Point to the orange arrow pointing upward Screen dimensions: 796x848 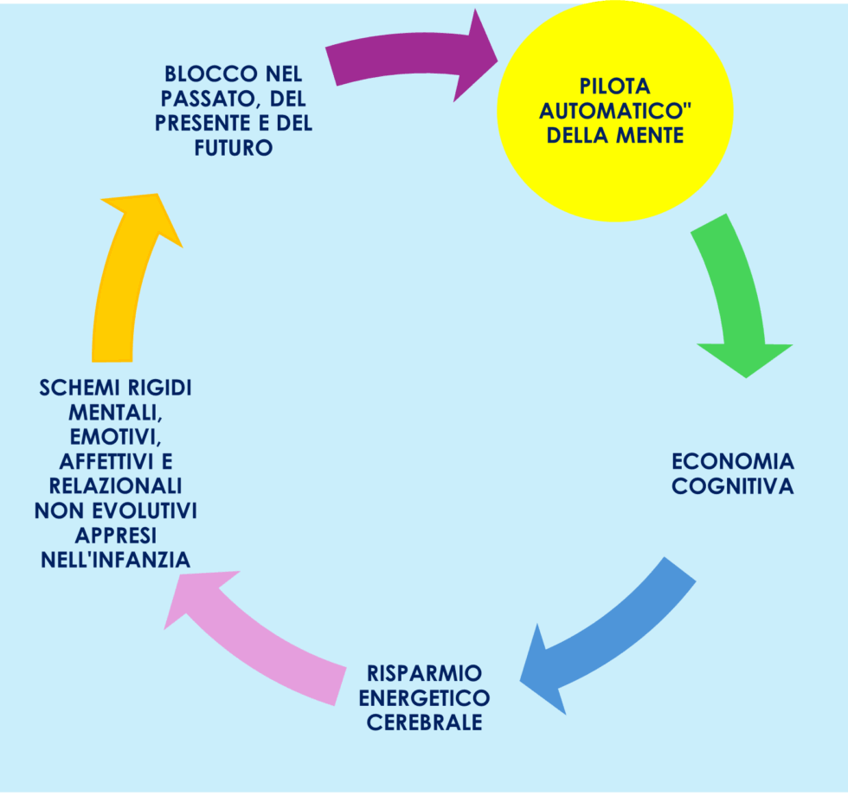[x=125, y=277]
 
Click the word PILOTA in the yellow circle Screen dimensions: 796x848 [x=614, y=87]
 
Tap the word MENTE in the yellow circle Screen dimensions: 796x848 [x=652, y=136]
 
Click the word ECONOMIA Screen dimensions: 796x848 [x=732, y=461]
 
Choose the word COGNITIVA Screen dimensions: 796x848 [x=732, y=486]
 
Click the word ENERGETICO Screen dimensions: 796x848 [x=424, y=697]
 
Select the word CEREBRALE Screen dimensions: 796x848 [x=424, y=722]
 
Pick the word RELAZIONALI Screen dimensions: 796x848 [x=116, y=486]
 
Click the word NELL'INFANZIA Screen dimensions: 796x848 [x=116, y=560]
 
